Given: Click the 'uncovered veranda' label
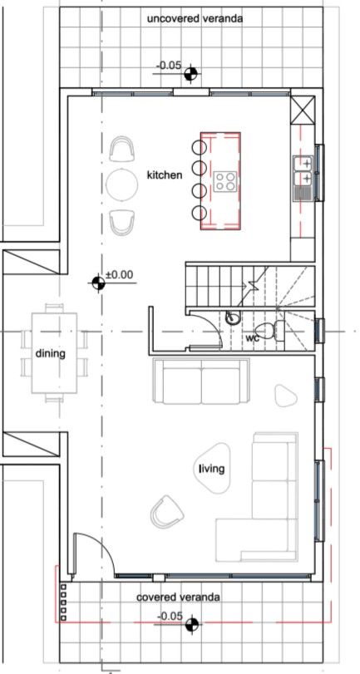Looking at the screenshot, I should tap(195, 17).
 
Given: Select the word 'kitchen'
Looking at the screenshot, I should tap(164, 175).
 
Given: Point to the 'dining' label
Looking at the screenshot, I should tap(50, 353).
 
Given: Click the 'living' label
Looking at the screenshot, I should tap(211, 470).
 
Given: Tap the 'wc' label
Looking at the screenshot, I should tap(251, 338).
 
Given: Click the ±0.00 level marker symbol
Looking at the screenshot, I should tap(99, 284).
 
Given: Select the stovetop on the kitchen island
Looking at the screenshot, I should tap(225, 180).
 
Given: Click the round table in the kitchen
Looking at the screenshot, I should tap(122, 184).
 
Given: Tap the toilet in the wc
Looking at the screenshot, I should tap(277, 331).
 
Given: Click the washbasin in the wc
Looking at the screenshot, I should tap(234, 317).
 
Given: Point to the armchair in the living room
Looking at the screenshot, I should tap(169, 509).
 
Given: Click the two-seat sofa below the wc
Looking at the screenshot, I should tap(201, 382).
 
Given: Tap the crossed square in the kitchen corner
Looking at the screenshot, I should tap(302, 108).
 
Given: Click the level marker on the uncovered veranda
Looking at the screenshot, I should tap(192, 74).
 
